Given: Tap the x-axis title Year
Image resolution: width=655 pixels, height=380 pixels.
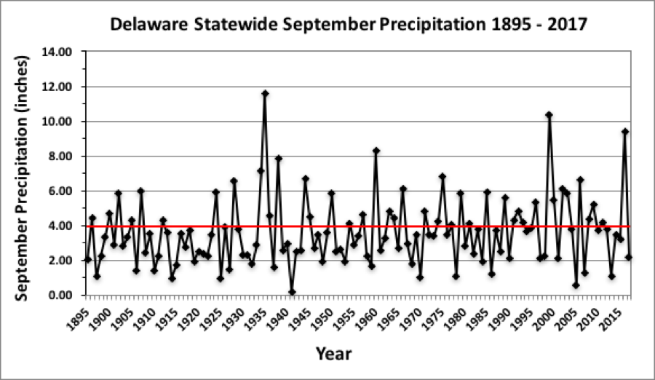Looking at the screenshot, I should (333, 355).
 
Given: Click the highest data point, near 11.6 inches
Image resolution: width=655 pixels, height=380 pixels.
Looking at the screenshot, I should (265, 93).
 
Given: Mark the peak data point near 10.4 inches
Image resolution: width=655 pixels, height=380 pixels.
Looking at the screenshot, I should (549, 114).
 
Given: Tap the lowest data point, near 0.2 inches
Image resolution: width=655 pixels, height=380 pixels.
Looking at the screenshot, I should (292, 292).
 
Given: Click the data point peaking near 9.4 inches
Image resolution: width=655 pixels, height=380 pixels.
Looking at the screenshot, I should (624, 132).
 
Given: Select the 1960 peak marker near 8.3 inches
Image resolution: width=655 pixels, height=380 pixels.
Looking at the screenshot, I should (376, 151).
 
